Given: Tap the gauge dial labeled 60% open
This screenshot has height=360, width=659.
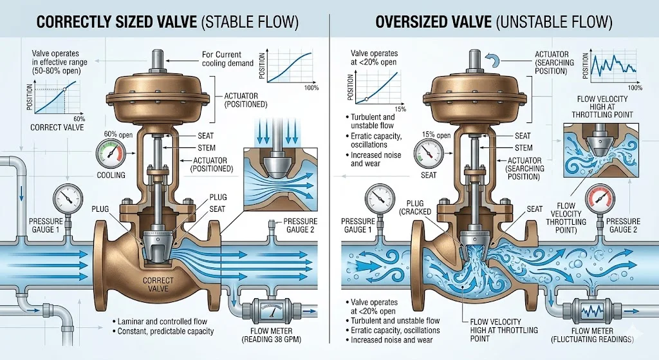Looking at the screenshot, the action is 111,154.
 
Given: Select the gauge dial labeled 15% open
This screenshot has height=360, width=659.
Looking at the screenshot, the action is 429,153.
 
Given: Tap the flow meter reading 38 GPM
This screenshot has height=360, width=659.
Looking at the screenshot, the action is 266,312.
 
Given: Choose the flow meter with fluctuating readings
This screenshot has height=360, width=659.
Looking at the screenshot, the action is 592,312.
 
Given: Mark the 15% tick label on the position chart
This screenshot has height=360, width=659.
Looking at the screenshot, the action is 400,109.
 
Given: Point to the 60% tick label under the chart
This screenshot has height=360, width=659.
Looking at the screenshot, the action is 79,119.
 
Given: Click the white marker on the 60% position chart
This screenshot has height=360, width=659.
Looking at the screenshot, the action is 65,89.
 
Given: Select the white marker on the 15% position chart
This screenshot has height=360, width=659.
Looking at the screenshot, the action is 366,99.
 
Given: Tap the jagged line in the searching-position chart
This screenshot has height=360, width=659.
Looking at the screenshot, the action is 613,64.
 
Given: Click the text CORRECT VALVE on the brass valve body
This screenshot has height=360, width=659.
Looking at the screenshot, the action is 158,284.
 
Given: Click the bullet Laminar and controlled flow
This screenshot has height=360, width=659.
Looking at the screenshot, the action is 160,321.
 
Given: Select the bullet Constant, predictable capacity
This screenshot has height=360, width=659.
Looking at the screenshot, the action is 163,332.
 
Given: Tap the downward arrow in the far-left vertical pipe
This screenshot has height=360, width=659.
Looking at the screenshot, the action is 20,192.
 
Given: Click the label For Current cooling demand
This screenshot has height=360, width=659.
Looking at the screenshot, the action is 228,59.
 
